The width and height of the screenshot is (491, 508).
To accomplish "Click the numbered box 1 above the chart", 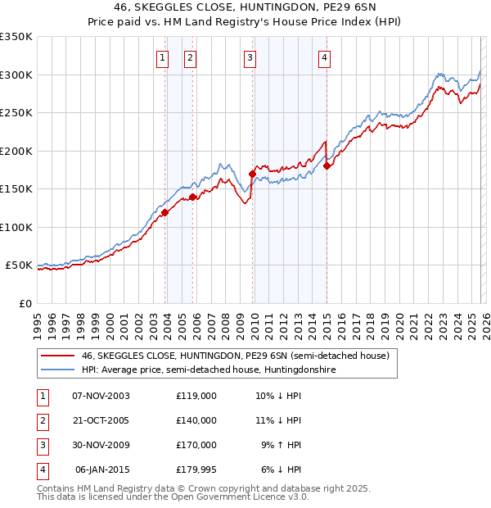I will (163, 57).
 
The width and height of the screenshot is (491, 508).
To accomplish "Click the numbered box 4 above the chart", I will (325, 57).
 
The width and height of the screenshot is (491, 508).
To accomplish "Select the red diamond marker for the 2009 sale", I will (252, 174).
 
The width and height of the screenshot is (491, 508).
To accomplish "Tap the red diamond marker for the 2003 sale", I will (164, 212).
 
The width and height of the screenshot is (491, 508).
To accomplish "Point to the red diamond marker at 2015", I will (327, 166).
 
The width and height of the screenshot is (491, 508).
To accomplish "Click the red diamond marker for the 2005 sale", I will (193, 197).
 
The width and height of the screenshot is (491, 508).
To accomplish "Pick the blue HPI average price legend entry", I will (208, 370).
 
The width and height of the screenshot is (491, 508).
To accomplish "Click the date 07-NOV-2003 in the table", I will (101, 395).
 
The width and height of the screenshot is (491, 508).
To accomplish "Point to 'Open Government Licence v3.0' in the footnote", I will (237, 497).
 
